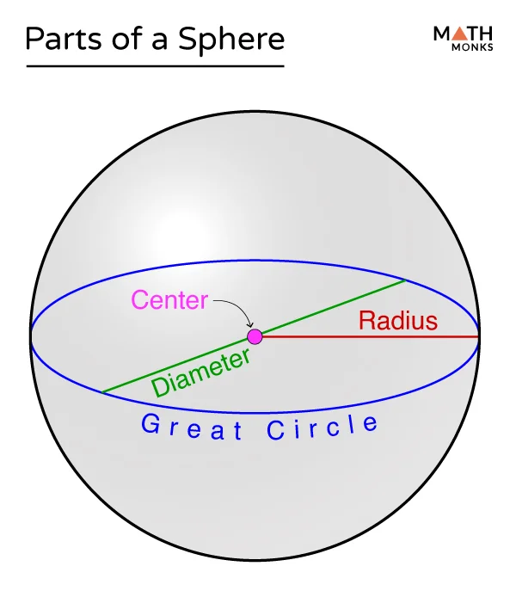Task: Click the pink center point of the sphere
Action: click(255, 336)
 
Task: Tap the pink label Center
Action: click(169, 300)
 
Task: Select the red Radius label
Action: click(398, 321)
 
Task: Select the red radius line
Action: click(370, 336)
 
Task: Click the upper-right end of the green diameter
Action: click(404, 280)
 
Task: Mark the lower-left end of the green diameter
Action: click(103, 393)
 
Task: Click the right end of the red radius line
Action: click(478, 336)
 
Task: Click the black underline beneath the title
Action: click(155, 66)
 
